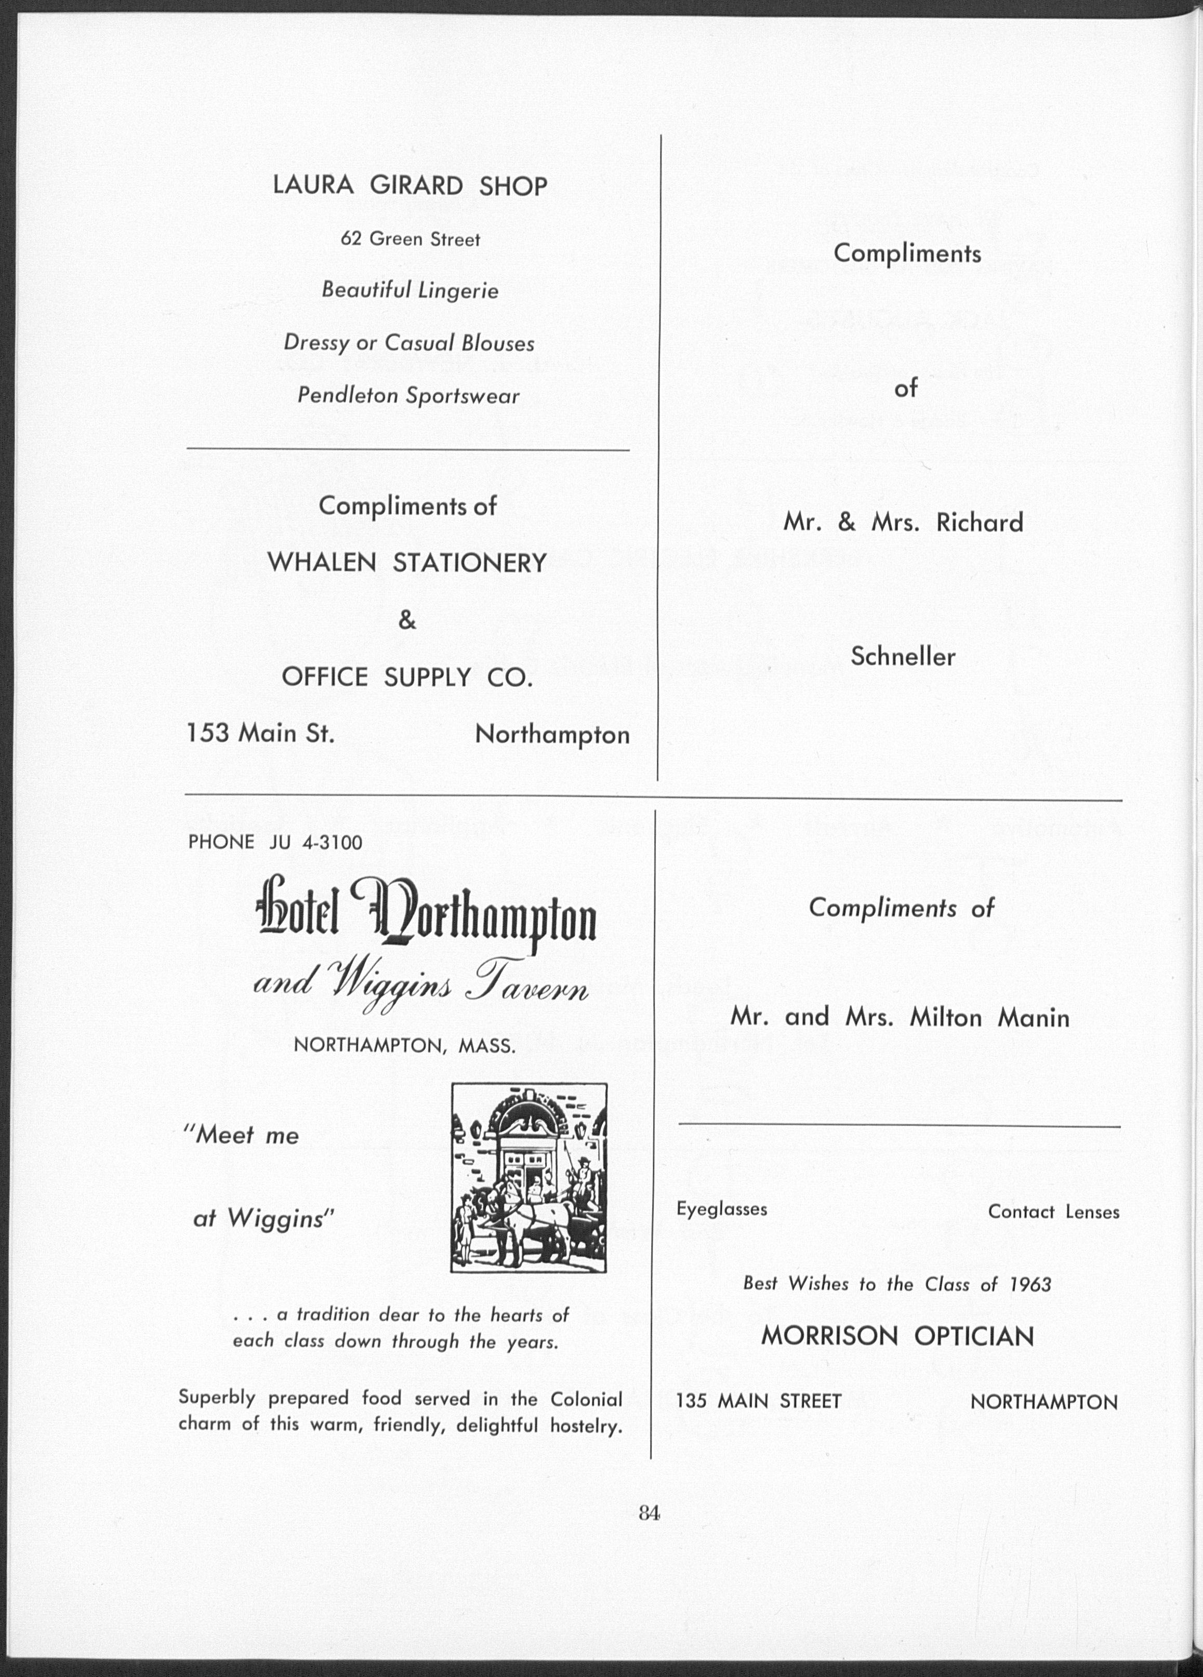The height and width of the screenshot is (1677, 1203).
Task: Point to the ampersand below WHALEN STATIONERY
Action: tap(407, 620)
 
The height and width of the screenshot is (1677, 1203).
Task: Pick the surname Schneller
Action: tap(902, 656)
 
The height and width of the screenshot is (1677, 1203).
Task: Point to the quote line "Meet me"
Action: tap(241, 1135)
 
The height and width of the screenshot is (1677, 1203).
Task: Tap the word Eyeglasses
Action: tap(722, 1209)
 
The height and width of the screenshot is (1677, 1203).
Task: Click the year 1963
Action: tap(1030, 1284)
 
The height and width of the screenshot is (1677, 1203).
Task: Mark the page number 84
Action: tap(649, 1513)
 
